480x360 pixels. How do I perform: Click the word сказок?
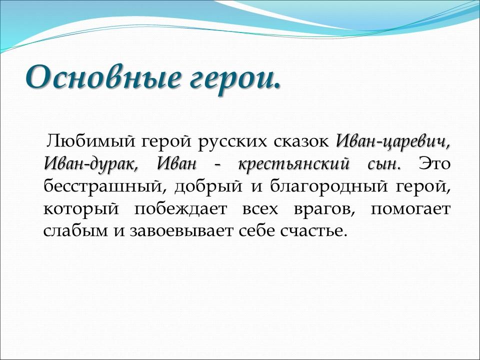coord(302,141)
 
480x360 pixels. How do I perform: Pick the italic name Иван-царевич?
coord(393,142)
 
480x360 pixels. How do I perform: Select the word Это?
coord(434,163)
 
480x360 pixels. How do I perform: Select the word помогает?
coord(410,209)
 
